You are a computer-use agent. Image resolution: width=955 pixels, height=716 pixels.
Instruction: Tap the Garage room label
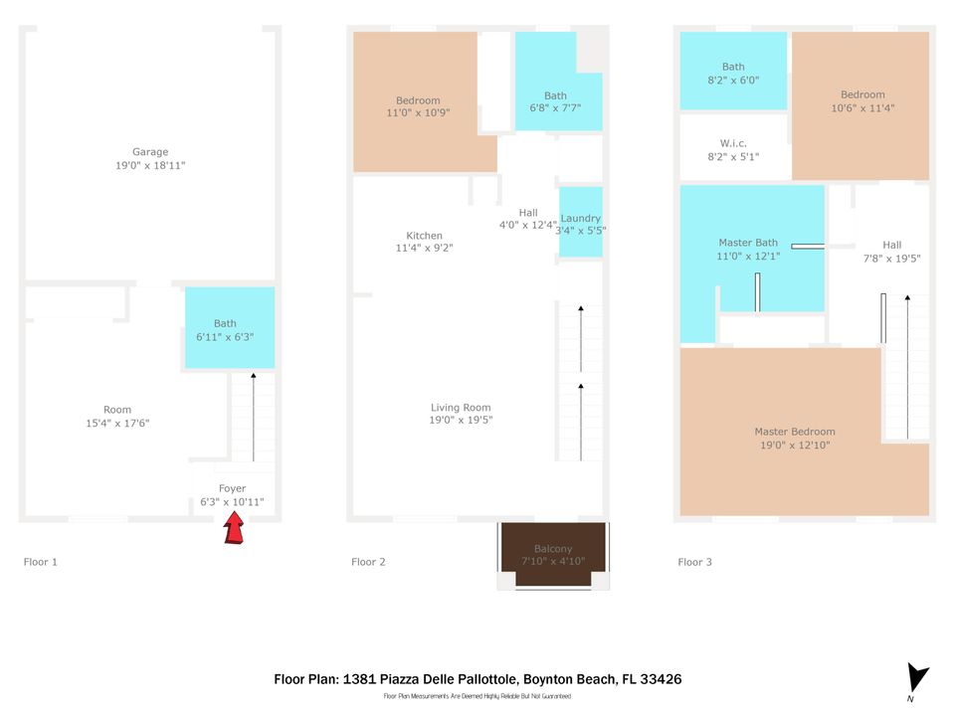[150, 152]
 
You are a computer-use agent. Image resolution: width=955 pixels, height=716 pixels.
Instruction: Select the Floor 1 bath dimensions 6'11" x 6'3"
[226, 337]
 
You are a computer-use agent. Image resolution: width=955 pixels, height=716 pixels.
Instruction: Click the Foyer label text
[232, 488]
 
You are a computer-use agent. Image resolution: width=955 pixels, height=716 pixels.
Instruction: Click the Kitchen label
[425, 235]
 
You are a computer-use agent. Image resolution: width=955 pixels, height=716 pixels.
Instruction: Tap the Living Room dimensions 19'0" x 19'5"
[461, 421]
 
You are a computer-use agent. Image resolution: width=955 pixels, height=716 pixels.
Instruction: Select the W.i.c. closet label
[733, 143]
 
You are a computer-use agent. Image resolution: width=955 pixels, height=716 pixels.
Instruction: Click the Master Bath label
[748, 243]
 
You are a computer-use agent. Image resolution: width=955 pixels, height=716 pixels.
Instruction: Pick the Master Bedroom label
[795, 432]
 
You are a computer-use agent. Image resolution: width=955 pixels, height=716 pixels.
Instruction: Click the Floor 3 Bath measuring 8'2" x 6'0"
[733, 74]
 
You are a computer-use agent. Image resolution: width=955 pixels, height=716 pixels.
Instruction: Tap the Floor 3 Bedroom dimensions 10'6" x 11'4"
[861, 108]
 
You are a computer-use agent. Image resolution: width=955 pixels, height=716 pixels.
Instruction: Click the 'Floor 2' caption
[368, 562]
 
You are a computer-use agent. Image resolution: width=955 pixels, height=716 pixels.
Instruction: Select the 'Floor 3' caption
[695, 562]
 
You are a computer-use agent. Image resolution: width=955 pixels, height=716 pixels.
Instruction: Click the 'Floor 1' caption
[41, 562]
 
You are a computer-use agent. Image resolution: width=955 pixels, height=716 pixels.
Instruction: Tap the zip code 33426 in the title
[661, 679]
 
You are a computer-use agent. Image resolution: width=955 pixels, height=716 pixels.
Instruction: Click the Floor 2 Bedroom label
[418, 100]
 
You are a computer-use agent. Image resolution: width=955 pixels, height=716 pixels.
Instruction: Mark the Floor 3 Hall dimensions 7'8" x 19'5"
[891, 259]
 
